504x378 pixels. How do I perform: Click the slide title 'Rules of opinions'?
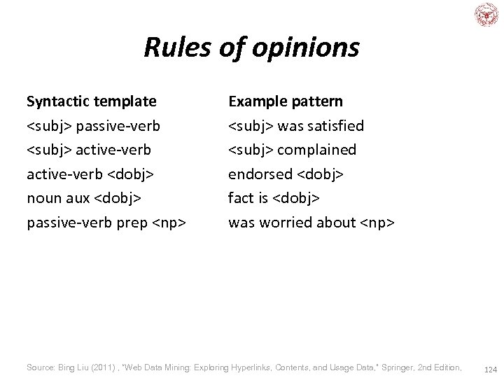pyautogui.click(x=251, y=48)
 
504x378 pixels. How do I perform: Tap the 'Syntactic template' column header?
pyautogui.click(x=92, y=101)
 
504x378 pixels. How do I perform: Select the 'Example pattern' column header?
pyautogui.click(x=286, y=101)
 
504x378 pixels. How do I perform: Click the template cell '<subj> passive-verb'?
pyautogui.click(x=93, y=126)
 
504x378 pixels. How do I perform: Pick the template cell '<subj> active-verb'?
pyautogui.click(x=89, y=150)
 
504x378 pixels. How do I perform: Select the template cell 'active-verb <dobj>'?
pyautogui.click(x=90, y=174)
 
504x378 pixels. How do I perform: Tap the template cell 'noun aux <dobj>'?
pyautogui.click(x=84, y=198)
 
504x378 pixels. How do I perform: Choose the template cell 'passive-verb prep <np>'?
pyautogui.click(x=106, y=223)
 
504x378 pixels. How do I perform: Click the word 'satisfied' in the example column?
pyautogui.click(x=335, y=126)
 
